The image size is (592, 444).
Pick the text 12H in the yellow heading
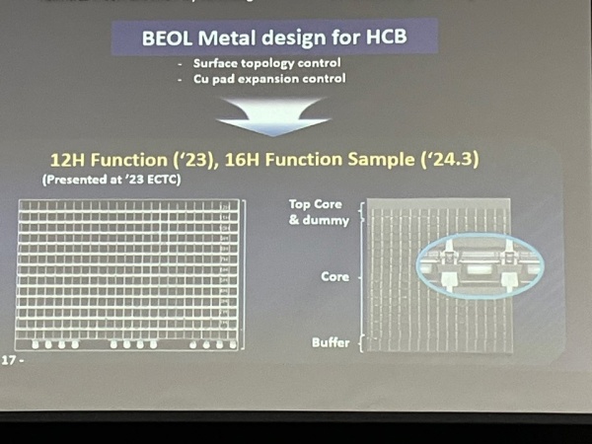[x=69, y=160]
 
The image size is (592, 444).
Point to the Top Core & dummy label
[x=319, y=212]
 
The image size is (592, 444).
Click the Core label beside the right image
[x=335, y=277]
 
